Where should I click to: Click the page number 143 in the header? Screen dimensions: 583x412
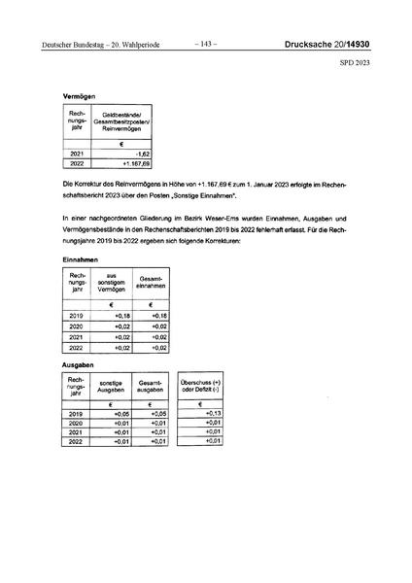tap(206, 45)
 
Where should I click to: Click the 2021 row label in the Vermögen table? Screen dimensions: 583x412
tap(78, 154)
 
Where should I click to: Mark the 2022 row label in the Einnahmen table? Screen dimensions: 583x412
tap(78, 347)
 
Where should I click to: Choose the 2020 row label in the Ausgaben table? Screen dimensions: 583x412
tap(78, 424)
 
